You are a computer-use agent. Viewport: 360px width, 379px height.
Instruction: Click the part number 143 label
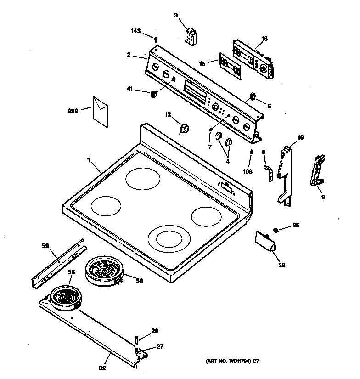point(135,31)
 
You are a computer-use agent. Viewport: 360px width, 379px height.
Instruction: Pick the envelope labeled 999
point(101,111)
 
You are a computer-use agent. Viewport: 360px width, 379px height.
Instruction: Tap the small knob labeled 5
point(252,96)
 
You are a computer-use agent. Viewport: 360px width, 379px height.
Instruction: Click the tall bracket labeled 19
point(285,175)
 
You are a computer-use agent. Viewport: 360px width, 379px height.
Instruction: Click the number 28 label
point(155,331)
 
